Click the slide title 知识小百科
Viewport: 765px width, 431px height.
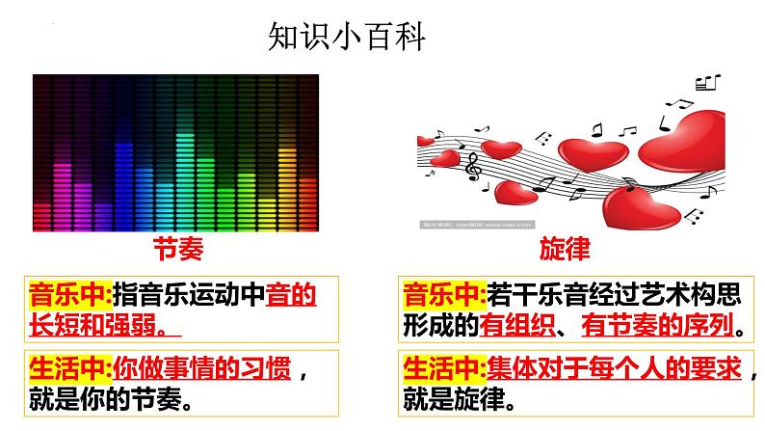pyautogui.click(x=344, y=38)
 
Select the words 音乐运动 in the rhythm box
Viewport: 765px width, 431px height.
pyautogui.click(x=199, y=293)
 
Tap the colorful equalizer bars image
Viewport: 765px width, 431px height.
pyautogui.click(x=176, y=152)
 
